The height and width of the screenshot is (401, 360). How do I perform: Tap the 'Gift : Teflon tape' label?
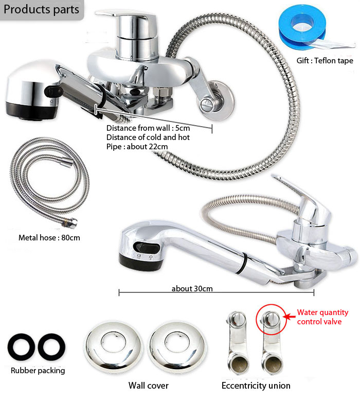325,61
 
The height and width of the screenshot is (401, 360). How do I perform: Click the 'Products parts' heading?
41,9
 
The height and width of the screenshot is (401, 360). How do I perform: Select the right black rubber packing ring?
51,347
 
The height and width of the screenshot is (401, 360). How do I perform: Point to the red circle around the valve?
257,320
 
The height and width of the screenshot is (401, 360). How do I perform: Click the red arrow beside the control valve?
289,317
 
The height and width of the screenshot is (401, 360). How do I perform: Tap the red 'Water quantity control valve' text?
322,317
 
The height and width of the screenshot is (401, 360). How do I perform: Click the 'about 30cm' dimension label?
192,288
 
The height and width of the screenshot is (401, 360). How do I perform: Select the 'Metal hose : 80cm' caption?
49,238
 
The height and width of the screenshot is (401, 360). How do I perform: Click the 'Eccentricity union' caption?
256,386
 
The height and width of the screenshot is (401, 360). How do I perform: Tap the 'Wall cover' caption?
149,386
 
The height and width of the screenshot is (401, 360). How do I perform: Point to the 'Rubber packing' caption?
38,370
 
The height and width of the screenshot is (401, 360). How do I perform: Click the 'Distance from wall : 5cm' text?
148,128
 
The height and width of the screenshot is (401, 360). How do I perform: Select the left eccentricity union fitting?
237,343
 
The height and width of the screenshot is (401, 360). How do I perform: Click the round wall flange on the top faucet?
217,101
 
